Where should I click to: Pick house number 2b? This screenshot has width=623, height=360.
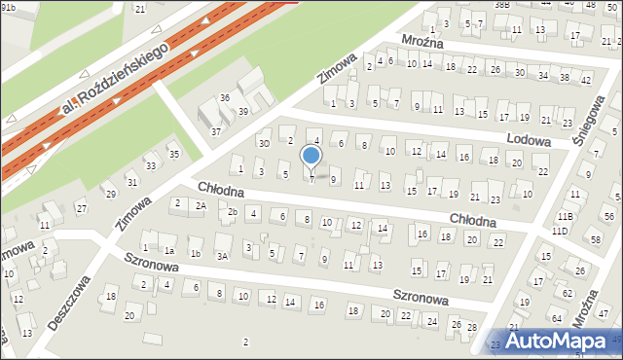click(233, 211)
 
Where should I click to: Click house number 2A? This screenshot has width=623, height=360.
click(201, 205)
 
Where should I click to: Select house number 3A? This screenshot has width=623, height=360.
click(222, 256)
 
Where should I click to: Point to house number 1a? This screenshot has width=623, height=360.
click(168, 251)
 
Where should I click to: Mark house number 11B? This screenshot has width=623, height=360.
click(565, 216)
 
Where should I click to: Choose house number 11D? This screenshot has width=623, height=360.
click(559, 232)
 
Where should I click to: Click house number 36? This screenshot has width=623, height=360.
click(225, 97)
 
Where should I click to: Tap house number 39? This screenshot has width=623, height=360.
click(243, 112)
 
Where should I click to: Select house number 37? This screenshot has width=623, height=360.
click(216, 131)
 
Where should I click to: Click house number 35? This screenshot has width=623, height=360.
click(174, 154)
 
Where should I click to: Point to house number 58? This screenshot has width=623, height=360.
click(595, 239)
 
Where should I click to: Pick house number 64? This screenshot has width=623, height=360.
click(555, 318)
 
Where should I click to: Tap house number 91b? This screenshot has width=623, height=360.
click(8, 7)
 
